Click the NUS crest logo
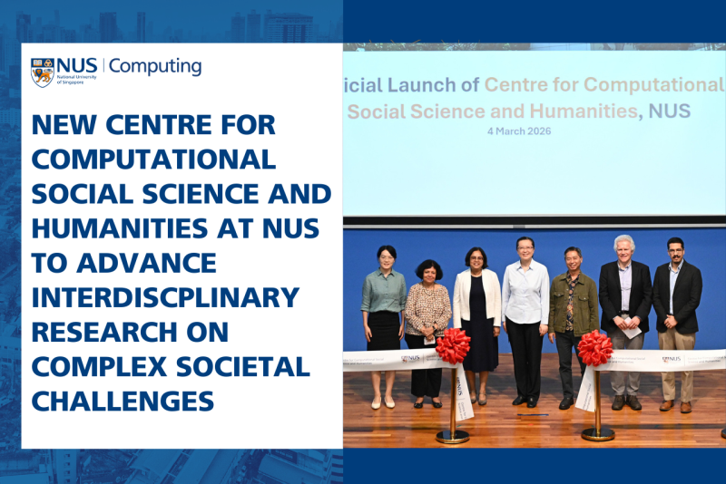43,72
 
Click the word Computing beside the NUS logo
155,66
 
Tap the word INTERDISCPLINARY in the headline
165,296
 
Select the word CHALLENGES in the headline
123,400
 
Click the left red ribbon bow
453,345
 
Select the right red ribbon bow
595,347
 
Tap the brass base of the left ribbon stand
453,435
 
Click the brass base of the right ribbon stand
598,432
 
